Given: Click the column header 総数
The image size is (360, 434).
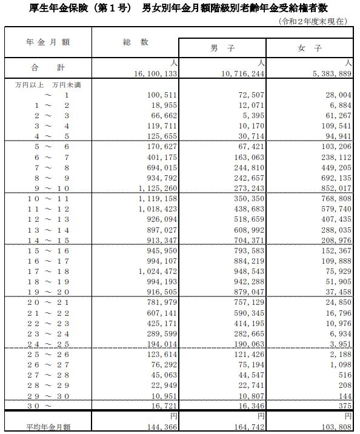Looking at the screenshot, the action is pyautogui.click(x=135, y=42).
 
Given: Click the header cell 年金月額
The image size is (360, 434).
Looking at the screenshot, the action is pyautogui.click(x=48, y=42).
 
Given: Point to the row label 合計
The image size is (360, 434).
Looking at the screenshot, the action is pyautogui.click(x=48, y=67).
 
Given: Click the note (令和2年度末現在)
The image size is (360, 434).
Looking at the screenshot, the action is pyautogui.click(x=313, y=21).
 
